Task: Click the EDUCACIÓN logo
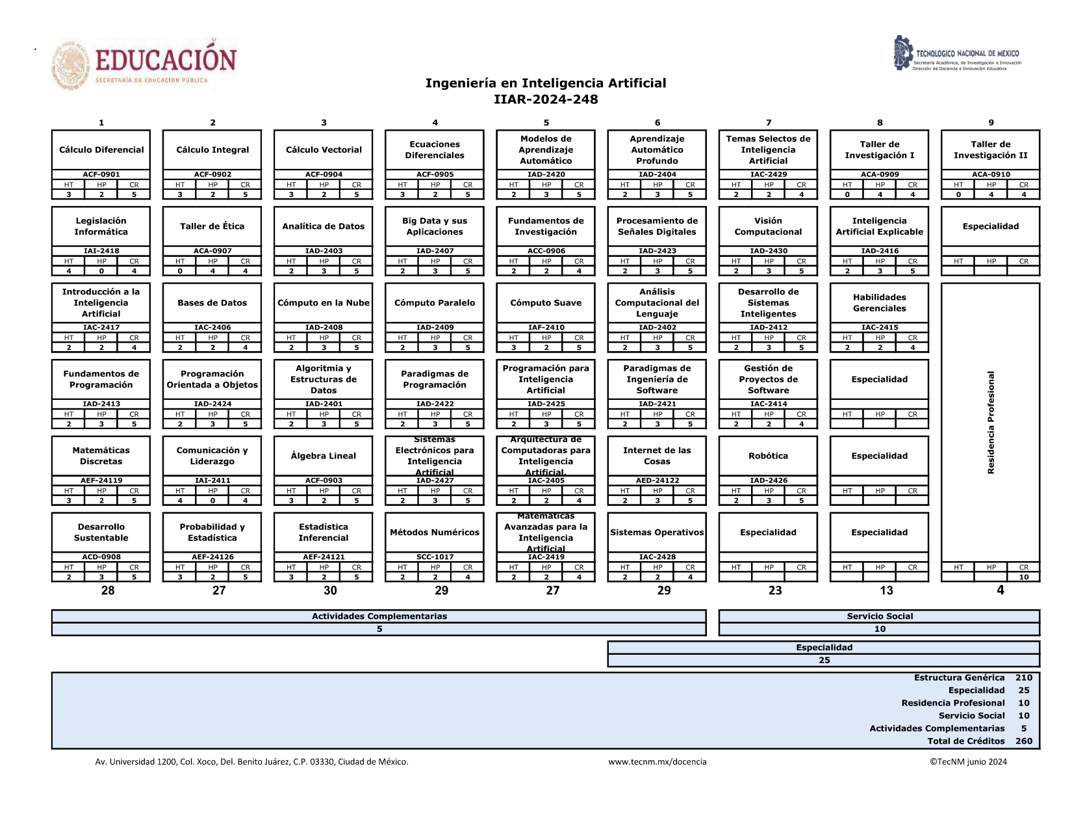click(x=144, y=64)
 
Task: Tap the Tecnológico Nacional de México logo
click(x=956, y=54)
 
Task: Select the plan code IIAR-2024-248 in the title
click(x=546, y=99)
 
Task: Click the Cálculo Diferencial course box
click(x=101, y=150)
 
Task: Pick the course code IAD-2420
click(x=546, y=174)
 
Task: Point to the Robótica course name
click(x=768, y=456)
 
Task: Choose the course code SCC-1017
click(x=435, y=557)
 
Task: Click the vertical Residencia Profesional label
click(x=991, y=423)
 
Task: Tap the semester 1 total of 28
click(x=108, y=590)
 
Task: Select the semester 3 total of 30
click(x=330, y=590)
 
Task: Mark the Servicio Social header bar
click(x=879, y=616)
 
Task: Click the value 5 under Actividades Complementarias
click(x=379, y=629)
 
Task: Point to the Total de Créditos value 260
click(x=1023, y=741)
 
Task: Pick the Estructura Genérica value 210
click(x=1023, y=678)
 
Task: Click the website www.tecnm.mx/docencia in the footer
click(x=657, y=761)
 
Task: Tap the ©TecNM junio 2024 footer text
click(x=967, y=761)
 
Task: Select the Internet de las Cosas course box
click(x=657, y=456)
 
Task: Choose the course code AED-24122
click(x=657, y=480)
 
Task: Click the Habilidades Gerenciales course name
click(x=879, y=303)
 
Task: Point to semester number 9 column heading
click(x=991, y=122)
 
